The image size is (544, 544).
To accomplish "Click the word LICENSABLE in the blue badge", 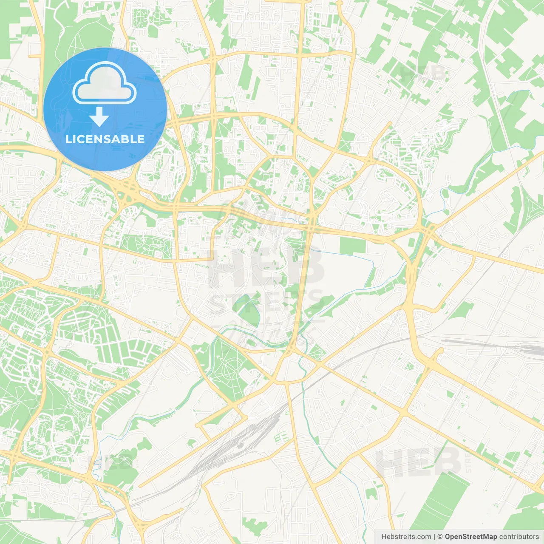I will pyautogui.click(x=105, y=139).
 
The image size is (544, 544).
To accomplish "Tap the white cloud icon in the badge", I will pyautogui.click(x=105, y=83).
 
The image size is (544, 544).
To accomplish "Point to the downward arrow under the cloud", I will pyautogui.click(x=99, y=116).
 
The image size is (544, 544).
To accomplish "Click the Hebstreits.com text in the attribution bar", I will pyautogui.click(x=406, y=537).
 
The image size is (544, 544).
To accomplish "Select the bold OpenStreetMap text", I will pyautogui.click(x=471, y=537).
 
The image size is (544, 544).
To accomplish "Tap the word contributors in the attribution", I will pyautogui.click(x=519, y=537).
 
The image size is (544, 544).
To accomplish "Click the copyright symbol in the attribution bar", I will pyautogui.click(x=440, y=537).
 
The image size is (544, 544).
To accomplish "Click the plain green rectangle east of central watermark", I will pyautogui.click(x=352, y=246).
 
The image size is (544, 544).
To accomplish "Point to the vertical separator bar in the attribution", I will pyautogui.click(x=434, y=537).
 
